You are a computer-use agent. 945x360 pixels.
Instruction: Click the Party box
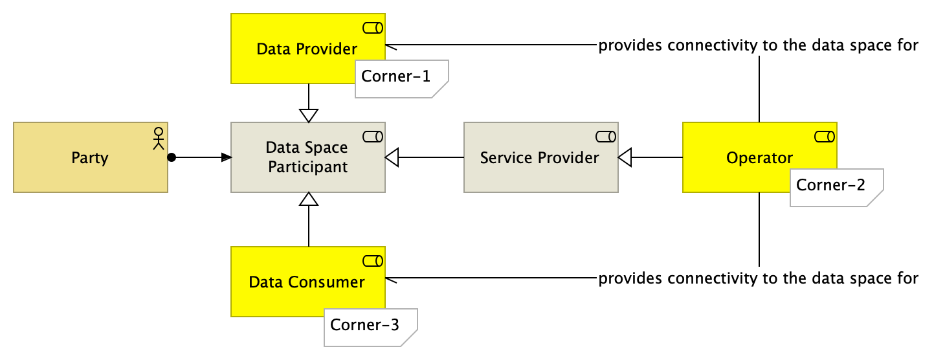[90, 157]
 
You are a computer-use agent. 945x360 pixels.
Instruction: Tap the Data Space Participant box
[308, 157]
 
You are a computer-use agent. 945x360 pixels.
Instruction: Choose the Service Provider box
[540, 157]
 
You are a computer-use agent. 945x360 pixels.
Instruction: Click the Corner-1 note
[401, 78]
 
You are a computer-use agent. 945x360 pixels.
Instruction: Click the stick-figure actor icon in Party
[157, 138]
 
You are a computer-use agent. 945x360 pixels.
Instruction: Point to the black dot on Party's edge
[171, 157]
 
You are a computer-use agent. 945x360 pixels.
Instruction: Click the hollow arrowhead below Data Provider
[309, 115]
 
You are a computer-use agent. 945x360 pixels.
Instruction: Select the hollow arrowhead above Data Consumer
[309, 199]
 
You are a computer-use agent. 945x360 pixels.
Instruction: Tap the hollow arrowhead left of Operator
[626, 157]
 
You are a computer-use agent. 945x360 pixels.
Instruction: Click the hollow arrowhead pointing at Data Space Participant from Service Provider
[394, 157]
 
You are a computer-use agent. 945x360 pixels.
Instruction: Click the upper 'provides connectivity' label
[758, 45]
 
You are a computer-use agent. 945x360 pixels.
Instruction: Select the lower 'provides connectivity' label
[758, 278]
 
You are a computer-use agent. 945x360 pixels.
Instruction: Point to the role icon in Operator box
[825, 136]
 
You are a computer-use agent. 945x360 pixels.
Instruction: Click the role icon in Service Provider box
[606, 136]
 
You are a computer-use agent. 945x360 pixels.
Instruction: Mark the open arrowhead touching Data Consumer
[391, 278]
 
